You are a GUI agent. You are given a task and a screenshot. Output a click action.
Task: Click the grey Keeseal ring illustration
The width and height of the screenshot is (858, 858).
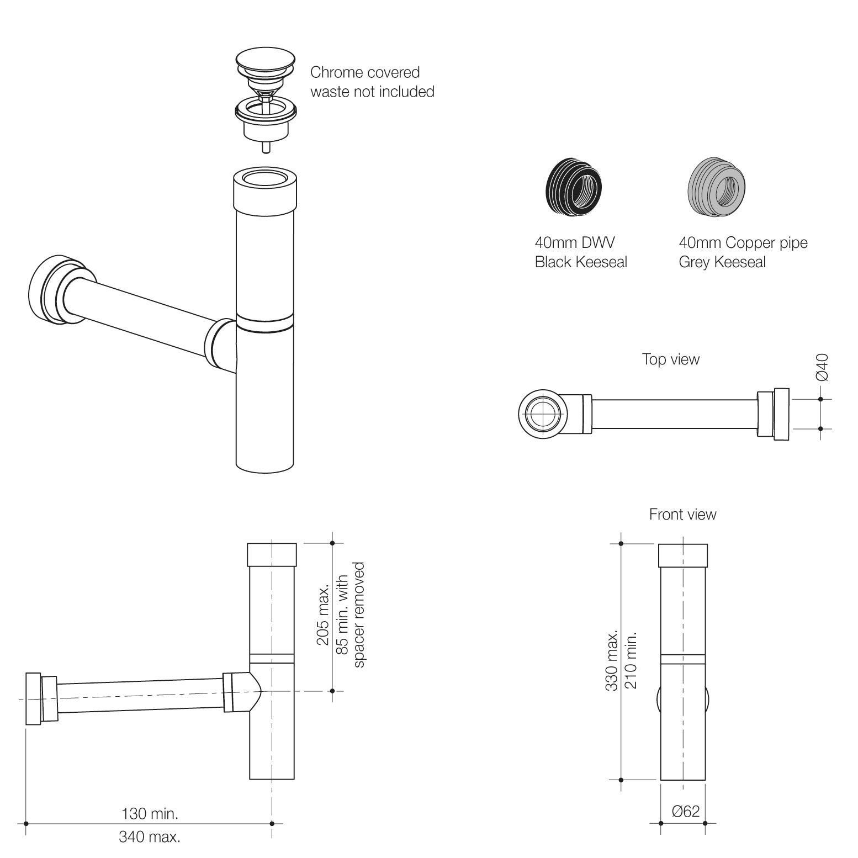(716, 183)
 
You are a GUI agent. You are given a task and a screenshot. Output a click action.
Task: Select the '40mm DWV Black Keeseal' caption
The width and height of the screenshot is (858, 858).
(580, 252)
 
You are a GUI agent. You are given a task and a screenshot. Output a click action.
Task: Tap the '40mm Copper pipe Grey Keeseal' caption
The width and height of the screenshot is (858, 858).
(743, 252)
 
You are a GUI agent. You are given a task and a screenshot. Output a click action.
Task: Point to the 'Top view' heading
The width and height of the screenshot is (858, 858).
(670, 359)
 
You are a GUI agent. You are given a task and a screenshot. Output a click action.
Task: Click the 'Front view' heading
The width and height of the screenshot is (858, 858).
(682, 515)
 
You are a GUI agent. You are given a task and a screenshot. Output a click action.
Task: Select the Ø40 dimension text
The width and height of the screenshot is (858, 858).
(822, 367)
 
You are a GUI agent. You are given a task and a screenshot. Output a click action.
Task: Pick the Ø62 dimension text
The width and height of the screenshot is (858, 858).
(685, 811)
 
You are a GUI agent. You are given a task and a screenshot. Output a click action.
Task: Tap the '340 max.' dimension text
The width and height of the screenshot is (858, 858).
(150, 837)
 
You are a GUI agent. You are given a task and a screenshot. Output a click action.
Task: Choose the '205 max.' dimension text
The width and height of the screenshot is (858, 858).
(323, 615)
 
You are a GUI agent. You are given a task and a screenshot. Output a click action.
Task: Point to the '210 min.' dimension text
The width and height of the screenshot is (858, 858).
(631, 660)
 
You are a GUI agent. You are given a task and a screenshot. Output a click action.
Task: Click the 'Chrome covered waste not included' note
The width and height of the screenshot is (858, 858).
(372, 82)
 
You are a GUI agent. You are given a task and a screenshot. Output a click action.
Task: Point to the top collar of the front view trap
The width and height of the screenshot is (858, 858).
(682, 555)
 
